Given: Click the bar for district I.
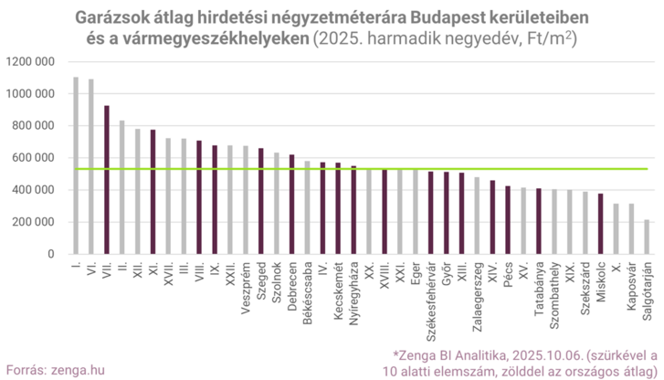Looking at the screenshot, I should click(75, 165).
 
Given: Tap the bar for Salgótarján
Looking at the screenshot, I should click(647, 237).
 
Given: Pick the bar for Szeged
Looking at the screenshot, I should click(260, 201).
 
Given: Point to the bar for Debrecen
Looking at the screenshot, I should click(291, 204).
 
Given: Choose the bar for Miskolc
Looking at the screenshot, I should click(600, 224).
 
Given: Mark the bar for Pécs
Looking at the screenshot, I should click(507, 220).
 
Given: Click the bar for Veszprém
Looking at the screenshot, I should click(245, 200).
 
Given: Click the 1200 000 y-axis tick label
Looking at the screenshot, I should click(29, 62).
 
